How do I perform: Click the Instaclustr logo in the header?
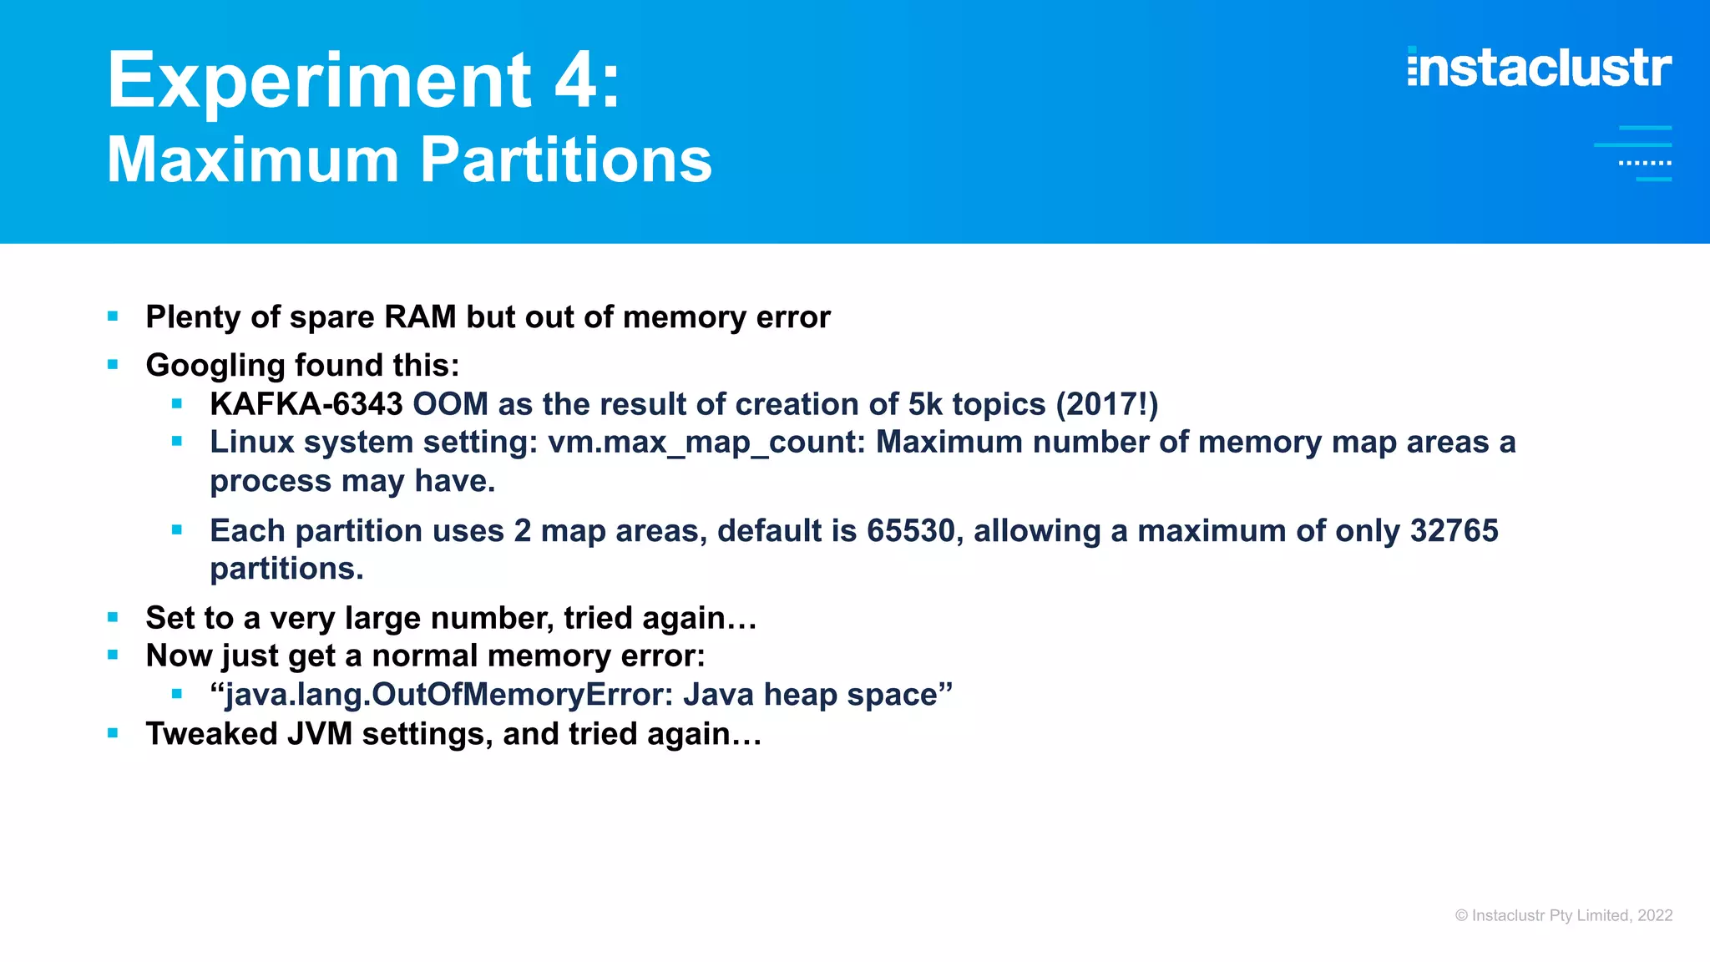[1539, 68]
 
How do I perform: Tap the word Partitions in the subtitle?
[566, 159]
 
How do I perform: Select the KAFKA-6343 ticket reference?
[306, 404]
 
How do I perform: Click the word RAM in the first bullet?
[420, 317]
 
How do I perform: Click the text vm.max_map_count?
[706, 442]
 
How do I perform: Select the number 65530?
[910, 530]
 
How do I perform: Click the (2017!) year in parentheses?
[1106, 404]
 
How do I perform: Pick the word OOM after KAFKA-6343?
[450, 404]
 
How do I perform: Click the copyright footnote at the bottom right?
[1563, 915]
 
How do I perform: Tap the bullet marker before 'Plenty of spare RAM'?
[113, 316]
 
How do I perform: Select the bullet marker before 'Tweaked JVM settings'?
[113, 733]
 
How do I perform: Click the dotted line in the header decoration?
[1644, 163]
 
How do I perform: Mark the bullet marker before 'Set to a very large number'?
[113, 617]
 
